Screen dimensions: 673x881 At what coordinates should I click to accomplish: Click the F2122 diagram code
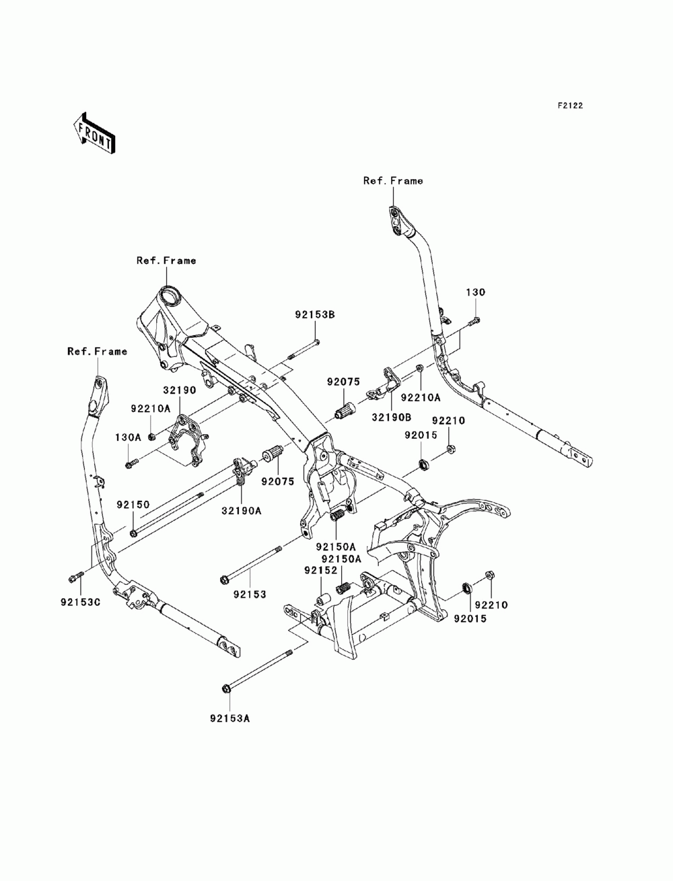(x=570, y=106)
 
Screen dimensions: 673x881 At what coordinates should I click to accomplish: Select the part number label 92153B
(x=315, y=315)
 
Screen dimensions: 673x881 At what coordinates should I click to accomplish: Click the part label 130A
(x=128, y=437)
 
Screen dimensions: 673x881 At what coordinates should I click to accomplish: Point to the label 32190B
(x=391, y=417)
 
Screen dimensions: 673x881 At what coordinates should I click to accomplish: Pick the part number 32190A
(x=242, y=511)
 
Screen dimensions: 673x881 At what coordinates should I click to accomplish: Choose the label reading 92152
(x=320, y=570)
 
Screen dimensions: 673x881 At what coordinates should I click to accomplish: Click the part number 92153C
(x=81, y=602)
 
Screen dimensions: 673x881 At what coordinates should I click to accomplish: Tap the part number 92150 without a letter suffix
(x=133, y=505)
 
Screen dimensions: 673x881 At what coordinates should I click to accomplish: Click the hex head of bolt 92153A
(x=225, y=689)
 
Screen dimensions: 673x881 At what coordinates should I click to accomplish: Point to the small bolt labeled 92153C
(x=75, y=577)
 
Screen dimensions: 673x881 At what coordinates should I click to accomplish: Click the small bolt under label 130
(x=474, y=320)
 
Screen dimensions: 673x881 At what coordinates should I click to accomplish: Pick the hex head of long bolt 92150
(x=134, y=534)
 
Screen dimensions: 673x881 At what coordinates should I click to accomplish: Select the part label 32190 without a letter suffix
(x=180, y=390)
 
